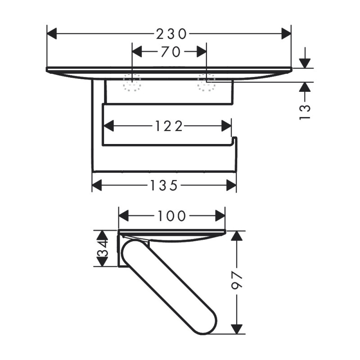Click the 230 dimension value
click(171, 33)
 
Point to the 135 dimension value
click(164, 185)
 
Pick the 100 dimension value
click(171, 216)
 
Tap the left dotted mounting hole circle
click(132, 82)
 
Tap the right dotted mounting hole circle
click(207, 82)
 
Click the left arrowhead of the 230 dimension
click(52, 33)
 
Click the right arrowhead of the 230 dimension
click(286, 33)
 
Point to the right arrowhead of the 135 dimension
click(231, 185)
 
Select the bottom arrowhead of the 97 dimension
click(237, 328)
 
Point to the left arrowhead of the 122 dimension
click(108, 126)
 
